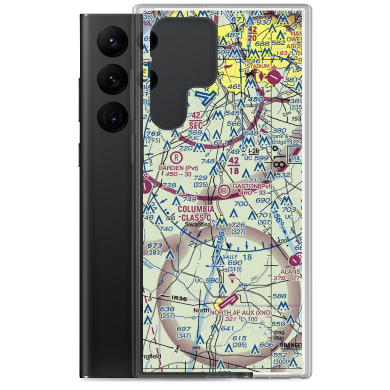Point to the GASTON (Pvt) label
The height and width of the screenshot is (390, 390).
pos(252,186)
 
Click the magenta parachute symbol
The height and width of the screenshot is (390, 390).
pos(232,277)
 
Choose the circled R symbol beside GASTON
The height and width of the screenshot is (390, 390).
pos(224,191)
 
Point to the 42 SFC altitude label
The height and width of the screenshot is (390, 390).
pos(196,121)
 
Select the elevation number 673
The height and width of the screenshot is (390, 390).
pos(155,245)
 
